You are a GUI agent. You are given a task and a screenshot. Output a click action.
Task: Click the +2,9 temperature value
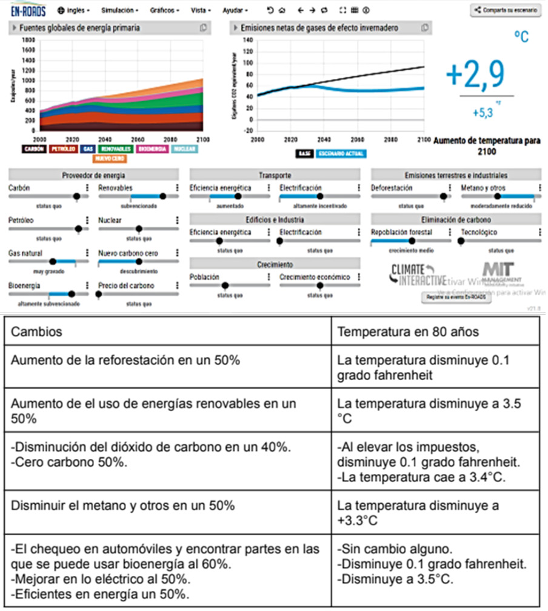[475, 75]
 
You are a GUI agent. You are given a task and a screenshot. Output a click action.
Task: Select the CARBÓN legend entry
[33, 149]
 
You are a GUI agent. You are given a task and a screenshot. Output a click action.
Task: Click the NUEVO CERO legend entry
[109, 159]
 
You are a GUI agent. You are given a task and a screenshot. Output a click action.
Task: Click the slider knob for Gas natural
[52, 262]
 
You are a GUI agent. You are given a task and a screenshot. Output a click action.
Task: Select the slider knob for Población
[225, 285]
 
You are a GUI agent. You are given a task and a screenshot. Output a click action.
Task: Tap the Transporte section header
[275, 175]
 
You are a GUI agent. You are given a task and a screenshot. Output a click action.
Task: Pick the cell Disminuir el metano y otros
[123, 505]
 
